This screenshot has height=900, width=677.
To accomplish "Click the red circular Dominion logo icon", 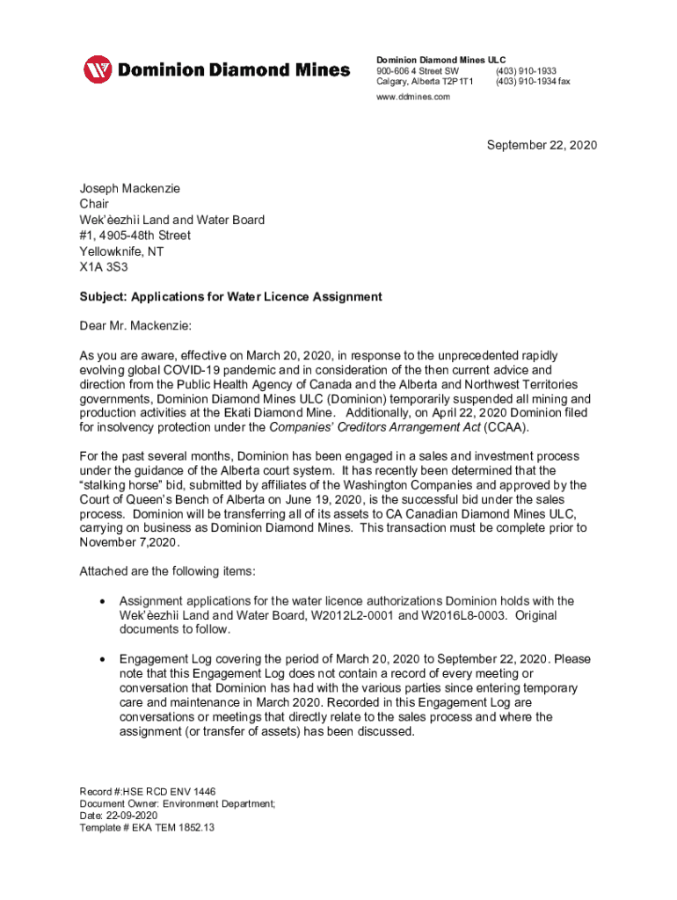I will click(x=98, y=69).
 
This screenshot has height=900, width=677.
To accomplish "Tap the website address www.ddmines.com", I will click(x=413, y=97).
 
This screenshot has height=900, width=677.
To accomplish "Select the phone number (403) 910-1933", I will click(x=526, y=70).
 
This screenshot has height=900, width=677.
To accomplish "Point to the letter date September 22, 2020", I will click(x=542, y=145).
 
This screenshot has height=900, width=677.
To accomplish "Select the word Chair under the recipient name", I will click(x=95, y=204).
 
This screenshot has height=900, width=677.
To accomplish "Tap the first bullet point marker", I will click(x=104, y=601).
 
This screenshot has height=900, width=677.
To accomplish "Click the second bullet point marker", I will click(x=104, y=659).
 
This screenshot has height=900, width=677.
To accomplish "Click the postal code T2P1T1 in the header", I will click(x=455, y=82).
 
